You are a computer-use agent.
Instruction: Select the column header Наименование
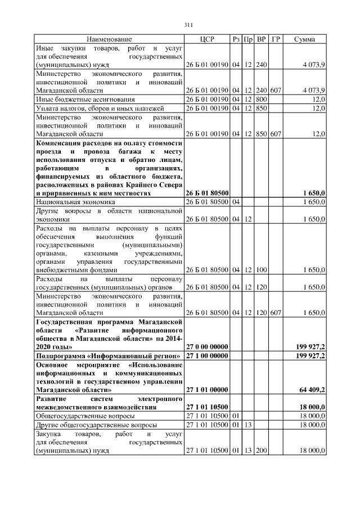click(109, 39)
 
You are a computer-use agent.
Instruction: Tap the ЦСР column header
click(206, 39)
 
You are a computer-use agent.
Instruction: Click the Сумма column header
click(304, 39)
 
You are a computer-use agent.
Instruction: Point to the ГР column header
click(276, 39)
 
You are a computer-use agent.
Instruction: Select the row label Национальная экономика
click(75, 201)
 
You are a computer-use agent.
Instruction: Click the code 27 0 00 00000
click(206, 348)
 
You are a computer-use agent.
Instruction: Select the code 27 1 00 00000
click(206, 357)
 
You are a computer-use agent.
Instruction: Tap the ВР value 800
click(261, 99)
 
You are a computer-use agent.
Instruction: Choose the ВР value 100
click(261, 270)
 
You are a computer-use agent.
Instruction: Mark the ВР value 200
click(261, 451)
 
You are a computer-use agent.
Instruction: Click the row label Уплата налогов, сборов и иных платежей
click(92, 108)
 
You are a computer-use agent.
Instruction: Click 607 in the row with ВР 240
click(276, 90)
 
